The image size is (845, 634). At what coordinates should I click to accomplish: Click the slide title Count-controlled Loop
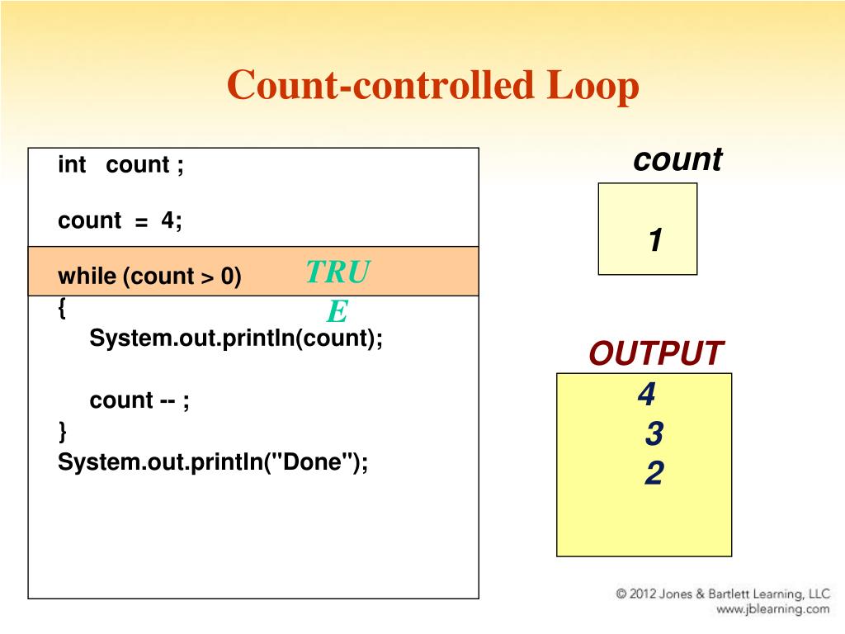point(433,86)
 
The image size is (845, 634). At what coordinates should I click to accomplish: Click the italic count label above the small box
point(677,159)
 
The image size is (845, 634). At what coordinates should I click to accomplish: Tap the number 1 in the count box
point(655,241)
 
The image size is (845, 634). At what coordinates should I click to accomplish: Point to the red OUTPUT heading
point(656,353)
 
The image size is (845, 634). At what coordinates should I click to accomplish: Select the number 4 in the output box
point(647,395)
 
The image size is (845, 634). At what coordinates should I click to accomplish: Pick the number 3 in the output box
point(654,434)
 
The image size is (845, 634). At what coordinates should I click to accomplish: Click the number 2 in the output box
point(654,474)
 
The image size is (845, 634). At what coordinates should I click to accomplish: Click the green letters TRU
point(338,271)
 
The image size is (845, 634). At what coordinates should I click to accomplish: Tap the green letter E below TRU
point(338,311)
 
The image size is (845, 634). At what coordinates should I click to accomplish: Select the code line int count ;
point(120,165)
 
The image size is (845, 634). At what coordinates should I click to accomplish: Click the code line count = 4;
point(120,220)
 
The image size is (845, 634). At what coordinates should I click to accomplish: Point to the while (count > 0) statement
point(149,276)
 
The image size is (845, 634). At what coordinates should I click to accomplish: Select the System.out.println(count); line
point(236,338)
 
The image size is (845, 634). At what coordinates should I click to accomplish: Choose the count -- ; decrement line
point(139,400)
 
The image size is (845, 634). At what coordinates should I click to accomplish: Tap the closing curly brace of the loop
point(62,430)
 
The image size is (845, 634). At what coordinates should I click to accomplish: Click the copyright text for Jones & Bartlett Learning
point(722,594)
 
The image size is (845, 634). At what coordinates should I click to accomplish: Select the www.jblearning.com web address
point(772,609)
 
